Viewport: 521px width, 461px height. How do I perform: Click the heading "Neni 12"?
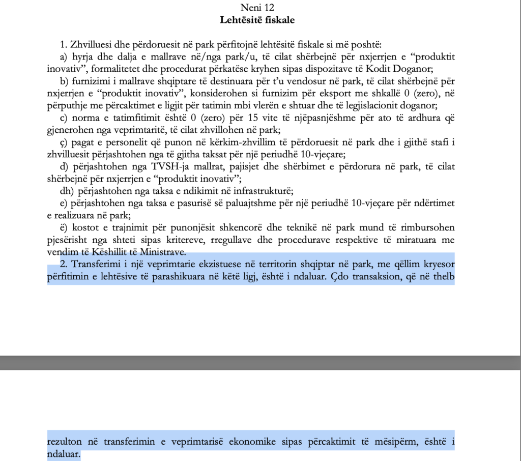[x=257, y=7]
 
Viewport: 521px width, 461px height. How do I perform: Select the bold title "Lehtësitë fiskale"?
[x=257, y=20]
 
